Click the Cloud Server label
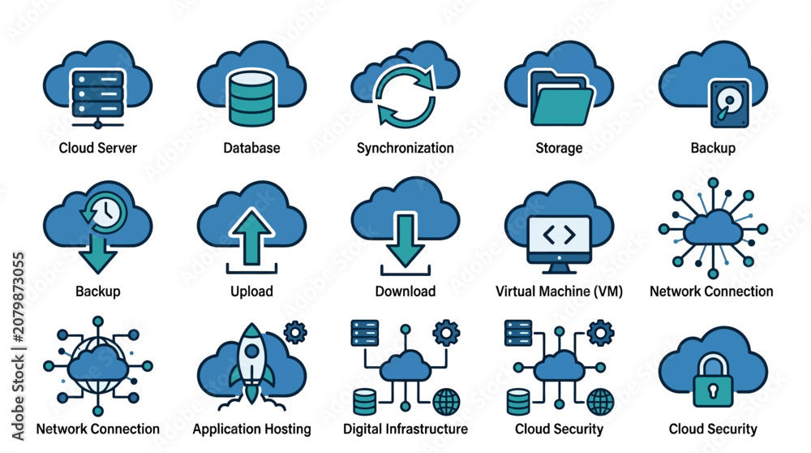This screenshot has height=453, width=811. (98, 148)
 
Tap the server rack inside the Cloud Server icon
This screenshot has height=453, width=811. (98, 93)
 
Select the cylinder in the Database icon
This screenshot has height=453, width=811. (252, 98)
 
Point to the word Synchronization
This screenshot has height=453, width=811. (405, 148)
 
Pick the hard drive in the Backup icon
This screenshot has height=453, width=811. (729, 104)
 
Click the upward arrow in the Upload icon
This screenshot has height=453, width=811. (252, 236)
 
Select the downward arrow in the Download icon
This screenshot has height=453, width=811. (405, 240)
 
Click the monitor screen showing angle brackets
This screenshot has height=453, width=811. (559, 236)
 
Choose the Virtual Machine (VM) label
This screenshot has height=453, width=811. (559, 291)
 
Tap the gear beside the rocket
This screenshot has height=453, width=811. (295, 332)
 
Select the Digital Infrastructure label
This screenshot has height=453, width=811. (405, 429)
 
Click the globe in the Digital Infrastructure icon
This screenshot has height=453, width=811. (446, 402)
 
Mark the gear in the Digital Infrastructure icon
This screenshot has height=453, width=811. (446, 333)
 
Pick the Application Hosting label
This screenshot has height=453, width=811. (252, 429)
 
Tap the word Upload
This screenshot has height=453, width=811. (252, 291)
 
